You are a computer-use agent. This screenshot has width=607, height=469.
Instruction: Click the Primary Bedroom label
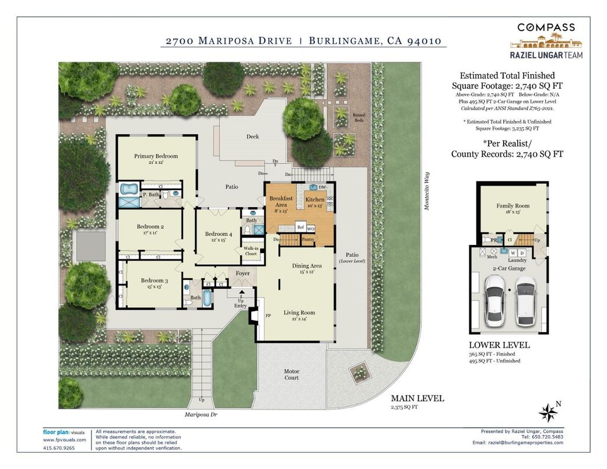pos(156,156)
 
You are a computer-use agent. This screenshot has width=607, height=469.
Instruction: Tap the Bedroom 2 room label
pos(150,226)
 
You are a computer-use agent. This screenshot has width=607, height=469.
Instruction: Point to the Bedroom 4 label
pos(218,234)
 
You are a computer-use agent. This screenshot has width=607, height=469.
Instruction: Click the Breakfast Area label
pos(280,202)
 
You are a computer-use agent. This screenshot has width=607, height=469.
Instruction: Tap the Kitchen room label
pos(315,199)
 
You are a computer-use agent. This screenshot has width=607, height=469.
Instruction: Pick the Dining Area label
pos(307,266)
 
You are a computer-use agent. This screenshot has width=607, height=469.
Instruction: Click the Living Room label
pos(299,313)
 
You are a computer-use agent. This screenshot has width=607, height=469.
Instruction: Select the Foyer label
pos(243,273)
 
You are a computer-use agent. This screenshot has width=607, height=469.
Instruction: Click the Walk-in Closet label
pos(250,251)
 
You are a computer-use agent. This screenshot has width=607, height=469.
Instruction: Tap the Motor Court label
pos(292,374)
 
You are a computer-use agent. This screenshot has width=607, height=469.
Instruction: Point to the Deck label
pos(252,136)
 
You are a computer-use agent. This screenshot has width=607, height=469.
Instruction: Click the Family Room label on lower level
pos(513,206)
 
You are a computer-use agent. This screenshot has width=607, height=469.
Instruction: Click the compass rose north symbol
pos(548,412)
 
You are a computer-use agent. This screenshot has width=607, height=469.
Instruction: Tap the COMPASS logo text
pos(546,27)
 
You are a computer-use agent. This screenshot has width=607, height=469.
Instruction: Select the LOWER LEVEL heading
pos(499,345)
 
